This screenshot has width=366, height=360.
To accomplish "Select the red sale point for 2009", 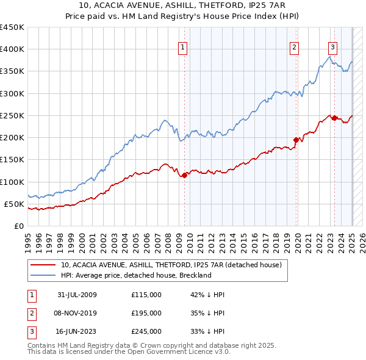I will point(184,176).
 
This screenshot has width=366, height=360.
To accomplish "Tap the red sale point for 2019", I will point(296,140).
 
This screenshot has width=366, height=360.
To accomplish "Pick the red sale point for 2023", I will point(334,118).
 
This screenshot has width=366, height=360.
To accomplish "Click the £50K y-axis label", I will point(15,204).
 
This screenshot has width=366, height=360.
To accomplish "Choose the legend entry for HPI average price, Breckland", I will point(135,275).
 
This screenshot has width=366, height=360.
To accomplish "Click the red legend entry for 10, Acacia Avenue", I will point(171,265).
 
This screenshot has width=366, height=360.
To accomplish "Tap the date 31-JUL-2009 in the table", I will point(77,295).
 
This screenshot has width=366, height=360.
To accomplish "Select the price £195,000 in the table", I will point(146,313).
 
